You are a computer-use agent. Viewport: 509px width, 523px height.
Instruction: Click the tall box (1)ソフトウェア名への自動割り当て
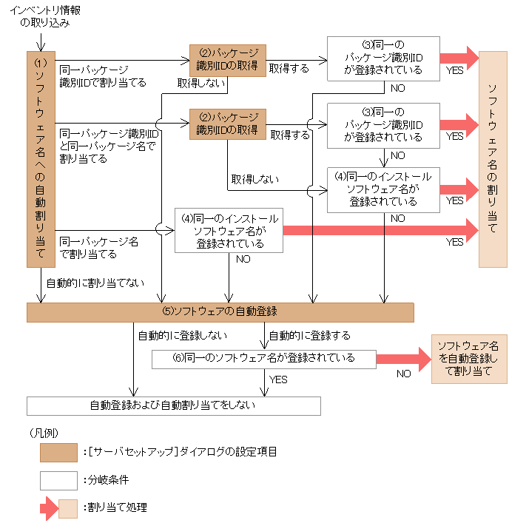tap(41, 158)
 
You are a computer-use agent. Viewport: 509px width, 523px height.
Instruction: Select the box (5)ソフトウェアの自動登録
tap(219, 312)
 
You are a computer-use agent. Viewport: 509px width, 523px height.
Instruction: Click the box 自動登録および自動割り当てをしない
tap(173, 405)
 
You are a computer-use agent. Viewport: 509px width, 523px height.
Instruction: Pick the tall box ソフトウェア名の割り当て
tap(493, 158)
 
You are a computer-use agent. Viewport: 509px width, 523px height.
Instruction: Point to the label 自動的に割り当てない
tap(95, 283)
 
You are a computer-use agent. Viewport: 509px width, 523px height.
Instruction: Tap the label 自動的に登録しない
tap(183, 335)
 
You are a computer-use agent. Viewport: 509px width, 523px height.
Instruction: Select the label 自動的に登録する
tap(309, 335)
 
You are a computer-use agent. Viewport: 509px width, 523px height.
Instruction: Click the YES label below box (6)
tap(278, 379)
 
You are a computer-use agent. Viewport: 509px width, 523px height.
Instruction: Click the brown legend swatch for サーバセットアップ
tap(58, 452)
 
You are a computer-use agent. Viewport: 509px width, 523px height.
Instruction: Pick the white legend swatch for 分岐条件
tap(58, 480)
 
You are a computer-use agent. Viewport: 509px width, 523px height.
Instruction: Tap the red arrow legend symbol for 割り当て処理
tap(49, 508)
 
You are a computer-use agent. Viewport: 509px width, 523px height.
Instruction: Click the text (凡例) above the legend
tap(44, 431)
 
